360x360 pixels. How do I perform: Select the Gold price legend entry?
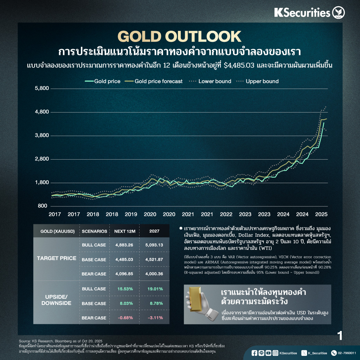103,81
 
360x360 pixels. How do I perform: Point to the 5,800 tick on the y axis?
42,89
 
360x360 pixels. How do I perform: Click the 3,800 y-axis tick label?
42,136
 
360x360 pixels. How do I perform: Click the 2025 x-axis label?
322,215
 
